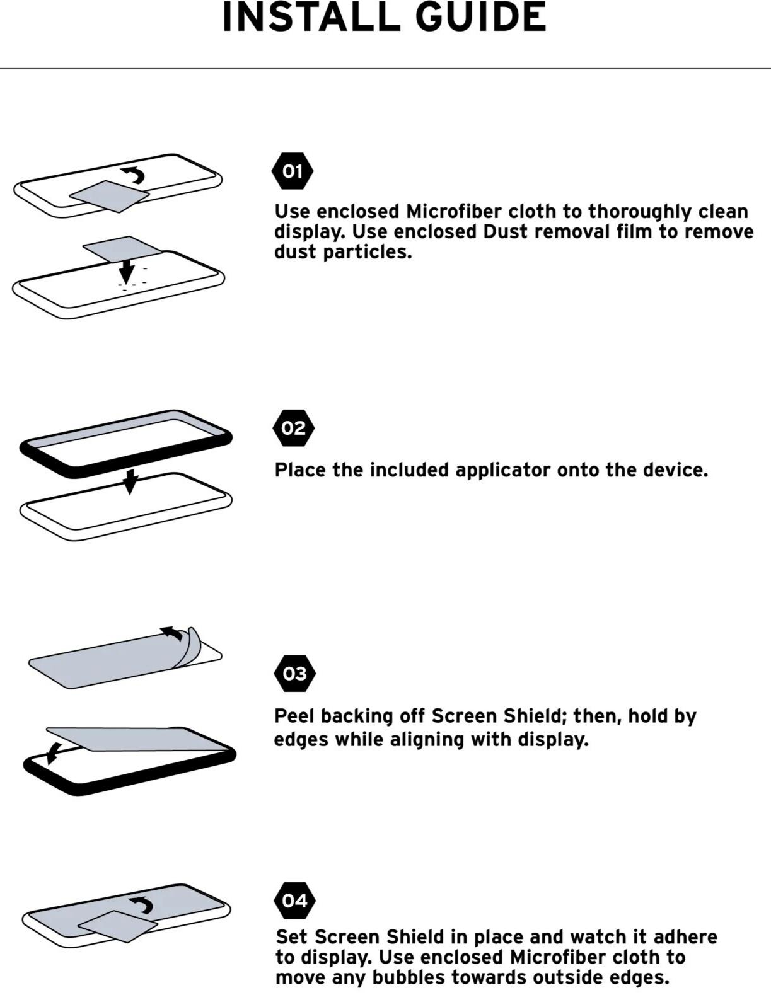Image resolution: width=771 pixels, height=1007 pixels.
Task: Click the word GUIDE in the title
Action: pyautogui.click(x=481, y=16)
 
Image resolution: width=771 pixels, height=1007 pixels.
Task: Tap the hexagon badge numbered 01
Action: pyautogui.click(x=293, y=171)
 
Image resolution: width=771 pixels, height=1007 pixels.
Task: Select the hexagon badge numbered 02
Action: pyautogui.click(x=293, y=428)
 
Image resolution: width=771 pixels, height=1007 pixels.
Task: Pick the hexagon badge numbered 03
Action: pyautogui.click(x=294, y=674)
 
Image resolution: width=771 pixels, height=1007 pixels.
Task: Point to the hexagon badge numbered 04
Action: pyautogui.click(x=294, y=901)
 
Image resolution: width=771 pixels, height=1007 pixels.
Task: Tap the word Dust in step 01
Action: pyautogui.click(x=506, y=232)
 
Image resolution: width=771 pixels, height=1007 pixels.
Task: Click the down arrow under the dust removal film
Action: pyautogui.click(x=127, y=272)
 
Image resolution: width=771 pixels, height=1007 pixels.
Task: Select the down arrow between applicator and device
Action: pyautogui.click(x=130, y=481)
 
